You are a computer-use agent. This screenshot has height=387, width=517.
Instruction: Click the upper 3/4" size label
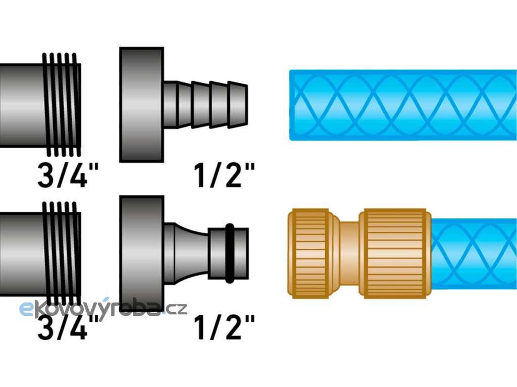69,175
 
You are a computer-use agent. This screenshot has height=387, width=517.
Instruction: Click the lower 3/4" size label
69,326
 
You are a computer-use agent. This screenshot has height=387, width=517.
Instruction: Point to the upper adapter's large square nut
141,104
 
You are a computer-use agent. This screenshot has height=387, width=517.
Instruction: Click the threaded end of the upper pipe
62,104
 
